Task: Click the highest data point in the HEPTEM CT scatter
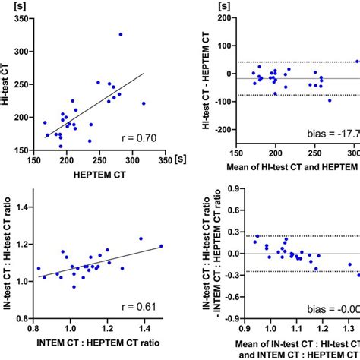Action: (120, 34)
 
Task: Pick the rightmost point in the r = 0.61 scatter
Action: (161, 246)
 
